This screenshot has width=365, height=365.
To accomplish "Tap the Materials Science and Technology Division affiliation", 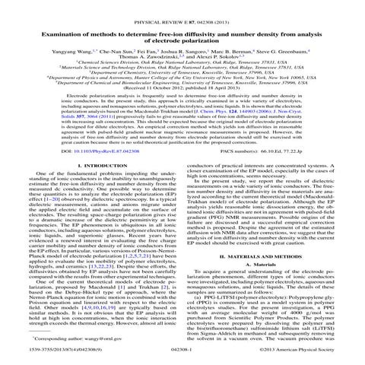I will coord(182,68).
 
